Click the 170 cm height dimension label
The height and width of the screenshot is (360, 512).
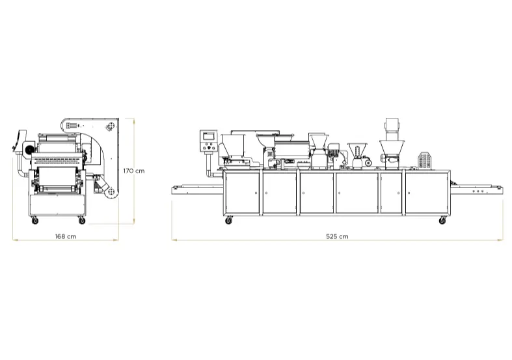134,171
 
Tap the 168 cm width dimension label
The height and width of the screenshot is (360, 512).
66,236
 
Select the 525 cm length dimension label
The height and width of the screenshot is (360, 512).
337,236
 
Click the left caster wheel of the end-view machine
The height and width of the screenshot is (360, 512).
34,221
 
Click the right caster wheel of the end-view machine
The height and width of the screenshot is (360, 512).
81,221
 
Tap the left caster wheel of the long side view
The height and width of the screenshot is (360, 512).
228,221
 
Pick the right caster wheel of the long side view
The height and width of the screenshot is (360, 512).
442,221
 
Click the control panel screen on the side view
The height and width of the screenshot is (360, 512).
209,136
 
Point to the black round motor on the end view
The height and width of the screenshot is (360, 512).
29,149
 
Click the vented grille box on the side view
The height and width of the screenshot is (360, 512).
424,160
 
